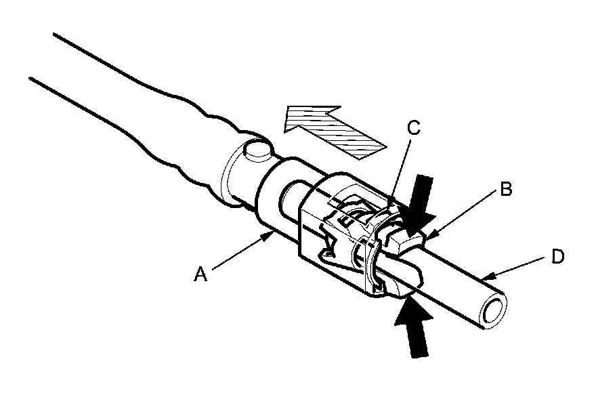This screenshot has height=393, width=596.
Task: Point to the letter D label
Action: tap(558, 257)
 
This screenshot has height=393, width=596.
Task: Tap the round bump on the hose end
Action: tap(258, 150)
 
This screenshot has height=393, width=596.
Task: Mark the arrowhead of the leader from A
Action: tap(270, 232)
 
